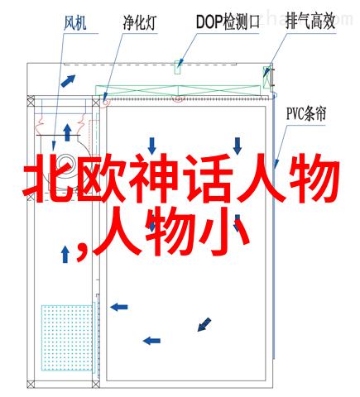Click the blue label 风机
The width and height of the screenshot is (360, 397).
click(75, 22)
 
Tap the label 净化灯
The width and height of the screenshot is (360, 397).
click(140, 22)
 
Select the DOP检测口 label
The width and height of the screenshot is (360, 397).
click(228, 22)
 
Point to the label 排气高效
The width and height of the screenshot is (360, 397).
click(310, 22)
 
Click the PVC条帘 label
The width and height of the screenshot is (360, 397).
click(306, 113)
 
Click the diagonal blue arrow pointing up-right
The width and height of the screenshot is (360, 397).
click(68, 81)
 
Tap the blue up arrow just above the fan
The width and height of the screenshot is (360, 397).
click(67, 132)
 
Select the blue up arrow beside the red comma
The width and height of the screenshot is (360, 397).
click(65, 254)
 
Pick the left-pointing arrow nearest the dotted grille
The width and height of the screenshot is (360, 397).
click(119, 307)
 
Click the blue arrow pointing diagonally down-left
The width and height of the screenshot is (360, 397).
click(204, 324)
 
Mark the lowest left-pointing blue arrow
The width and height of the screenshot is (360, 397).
click(151, 341)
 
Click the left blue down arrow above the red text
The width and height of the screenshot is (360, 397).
click(152, 146)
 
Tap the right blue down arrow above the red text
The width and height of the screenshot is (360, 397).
click(238, 146)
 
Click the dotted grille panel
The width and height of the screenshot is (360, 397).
click(67, 337)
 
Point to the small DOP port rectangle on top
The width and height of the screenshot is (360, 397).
click(178, 67)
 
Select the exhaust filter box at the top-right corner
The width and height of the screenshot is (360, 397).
click(266, 77)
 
